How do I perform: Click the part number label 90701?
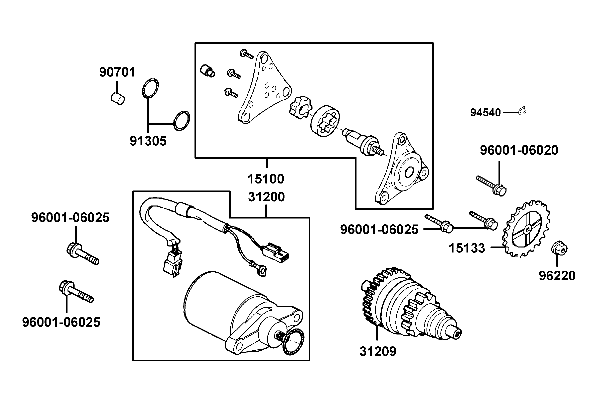point(117,72)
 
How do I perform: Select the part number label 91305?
point(148,141)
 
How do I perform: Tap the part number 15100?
point(266,179)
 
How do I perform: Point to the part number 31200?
point(266,197)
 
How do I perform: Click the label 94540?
point(485,112)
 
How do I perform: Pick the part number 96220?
point(557,276)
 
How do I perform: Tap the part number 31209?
point(378,351)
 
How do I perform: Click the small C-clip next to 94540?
point(522,111)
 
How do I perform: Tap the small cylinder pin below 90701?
point(118,99)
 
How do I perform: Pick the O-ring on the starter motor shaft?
point(293,341)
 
